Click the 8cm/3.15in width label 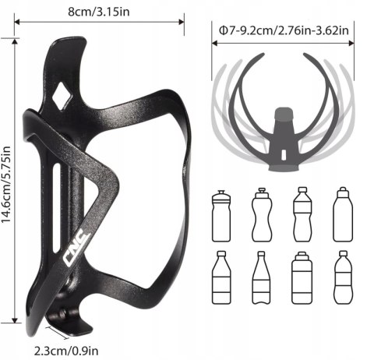click(99, 12)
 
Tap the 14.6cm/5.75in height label click(6, 184)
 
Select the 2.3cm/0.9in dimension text click(66, 351)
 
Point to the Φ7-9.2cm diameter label click(284, 30)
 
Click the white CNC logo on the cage click(77, 249)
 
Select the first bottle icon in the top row click(221, 216)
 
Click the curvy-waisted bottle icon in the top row click(262, 214)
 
